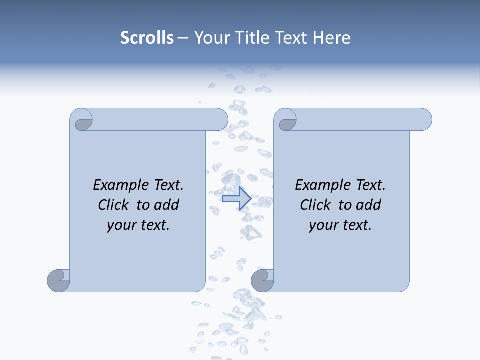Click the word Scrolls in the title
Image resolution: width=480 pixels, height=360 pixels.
147,38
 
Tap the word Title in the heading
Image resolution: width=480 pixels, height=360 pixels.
254,38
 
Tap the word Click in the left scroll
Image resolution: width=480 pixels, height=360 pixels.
115,205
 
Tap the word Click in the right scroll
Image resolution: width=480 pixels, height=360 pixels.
316,205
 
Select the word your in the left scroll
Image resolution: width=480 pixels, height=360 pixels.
121,225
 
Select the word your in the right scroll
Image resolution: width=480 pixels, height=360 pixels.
323,225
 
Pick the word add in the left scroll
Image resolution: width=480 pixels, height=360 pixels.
167,205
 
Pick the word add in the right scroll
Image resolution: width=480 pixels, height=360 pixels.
369,205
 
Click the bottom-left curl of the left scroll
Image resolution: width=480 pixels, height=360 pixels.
59,280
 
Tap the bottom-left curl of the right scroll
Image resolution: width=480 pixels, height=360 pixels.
262,280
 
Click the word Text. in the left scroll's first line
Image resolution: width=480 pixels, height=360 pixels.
167,185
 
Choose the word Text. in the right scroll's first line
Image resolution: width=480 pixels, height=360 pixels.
369,185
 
